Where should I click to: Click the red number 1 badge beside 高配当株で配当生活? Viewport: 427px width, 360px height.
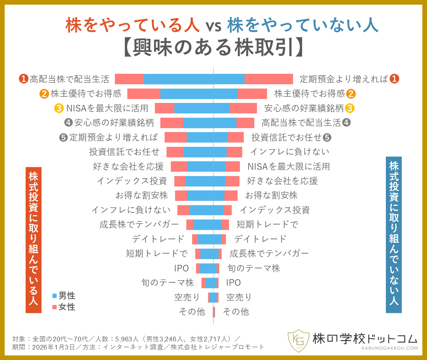pyautogui.click(x=24, y=79)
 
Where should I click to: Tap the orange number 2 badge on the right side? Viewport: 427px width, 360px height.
pyautogui.click(x=351, y=94)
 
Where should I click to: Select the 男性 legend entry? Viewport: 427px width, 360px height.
pyautogui.click(x=64, y=296)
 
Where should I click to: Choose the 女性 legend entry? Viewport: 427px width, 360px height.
pyautogui.click(x=64, y=307)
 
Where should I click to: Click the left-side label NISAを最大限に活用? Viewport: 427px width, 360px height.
pyautogui.click(x=108, y=108)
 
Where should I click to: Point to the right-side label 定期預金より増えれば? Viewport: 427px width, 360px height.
pyautogui.click(x=344, y=79)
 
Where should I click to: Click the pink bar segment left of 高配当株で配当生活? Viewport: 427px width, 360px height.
pyautogui.click(x=130, y=79)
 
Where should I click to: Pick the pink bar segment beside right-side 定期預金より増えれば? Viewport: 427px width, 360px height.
pyautogui.click(x=269, y=79)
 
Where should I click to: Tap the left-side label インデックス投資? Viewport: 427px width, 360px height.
pyautogui.click(x=132, y=181)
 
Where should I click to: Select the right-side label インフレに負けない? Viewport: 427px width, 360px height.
pyautogui.click(x=289, y=151)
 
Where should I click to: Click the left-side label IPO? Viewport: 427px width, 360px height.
pyautogui.click(x=181, y=268)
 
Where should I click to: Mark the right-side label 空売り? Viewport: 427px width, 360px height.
pyautogui.click(x=239, y=297)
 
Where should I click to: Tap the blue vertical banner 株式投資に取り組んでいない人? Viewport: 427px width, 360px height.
pyautogui.click(x=394, y=235)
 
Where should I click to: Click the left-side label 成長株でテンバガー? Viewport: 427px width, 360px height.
pyautogui.click(x=139, y=224)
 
